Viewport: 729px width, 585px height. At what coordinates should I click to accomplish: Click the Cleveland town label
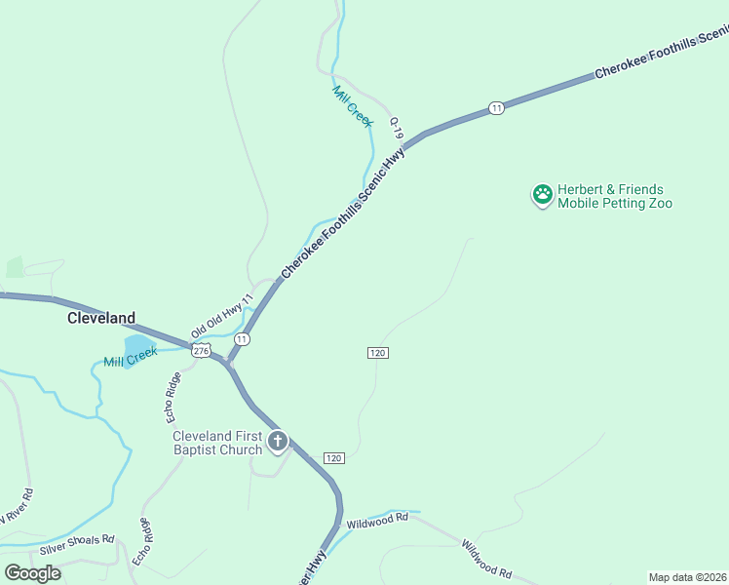100,318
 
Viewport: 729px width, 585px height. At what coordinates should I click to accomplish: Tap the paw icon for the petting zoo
542,196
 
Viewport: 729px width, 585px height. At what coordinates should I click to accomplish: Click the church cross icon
278,443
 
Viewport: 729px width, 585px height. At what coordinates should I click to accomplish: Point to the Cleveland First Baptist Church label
217,443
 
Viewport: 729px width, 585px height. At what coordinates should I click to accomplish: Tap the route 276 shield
201,350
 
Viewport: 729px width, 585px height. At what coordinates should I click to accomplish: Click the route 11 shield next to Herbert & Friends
497,107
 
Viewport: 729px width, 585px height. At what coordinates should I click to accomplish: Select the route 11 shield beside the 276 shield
242,338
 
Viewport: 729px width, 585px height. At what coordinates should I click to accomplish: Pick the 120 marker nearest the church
333,458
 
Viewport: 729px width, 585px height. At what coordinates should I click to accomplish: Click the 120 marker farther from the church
379,352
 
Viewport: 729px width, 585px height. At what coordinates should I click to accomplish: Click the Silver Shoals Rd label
77,541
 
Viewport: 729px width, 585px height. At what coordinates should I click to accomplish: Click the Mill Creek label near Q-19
352,105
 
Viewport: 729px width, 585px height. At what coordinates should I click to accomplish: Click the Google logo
32,572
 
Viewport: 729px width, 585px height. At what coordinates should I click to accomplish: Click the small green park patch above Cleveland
15,267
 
